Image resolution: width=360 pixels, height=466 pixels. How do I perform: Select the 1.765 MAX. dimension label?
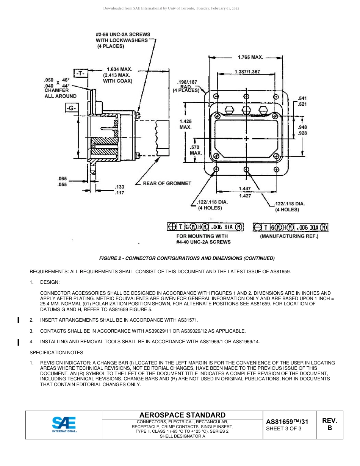(x=250, y=57)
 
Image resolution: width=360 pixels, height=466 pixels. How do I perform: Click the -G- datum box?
(x=71, y=109)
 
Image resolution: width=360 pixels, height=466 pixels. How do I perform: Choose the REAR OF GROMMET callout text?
(x=167, y=183)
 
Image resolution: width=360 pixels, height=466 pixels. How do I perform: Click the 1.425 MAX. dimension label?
(x=186, y=124)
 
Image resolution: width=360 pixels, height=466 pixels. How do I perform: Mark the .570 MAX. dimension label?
(x=196, y=150)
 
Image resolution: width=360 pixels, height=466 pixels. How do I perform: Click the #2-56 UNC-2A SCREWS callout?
(x=123, y=40)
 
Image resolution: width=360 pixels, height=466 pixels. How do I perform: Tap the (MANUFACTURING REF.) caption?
(x=289, y=236)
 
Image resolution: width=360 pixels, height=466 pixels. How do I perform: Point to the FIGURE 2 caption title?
(x=186, y=258)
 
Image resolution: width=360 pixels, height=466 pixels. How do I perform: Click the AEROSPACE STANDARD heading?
(x=183, y=415)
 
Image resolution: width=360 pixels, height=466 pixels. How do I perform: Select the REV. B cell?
(x=329, y=424)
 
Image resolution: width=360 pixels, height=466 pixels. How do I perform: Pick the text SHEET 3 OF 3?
(x=284, y=429)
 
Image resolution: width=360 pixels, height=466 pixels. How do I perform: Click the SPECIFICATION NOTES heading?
(x=56, y=353)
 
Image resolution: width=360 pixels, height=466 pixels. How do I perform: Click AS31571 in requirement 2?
(x=186, y=320)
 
